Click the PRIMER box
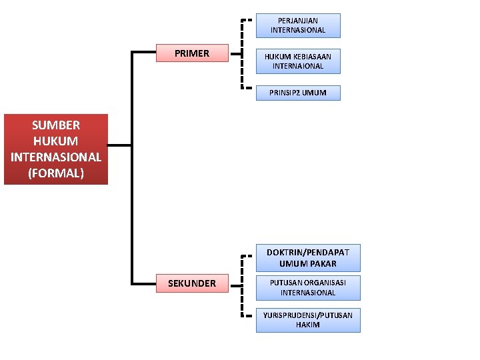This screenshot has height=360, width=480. (192, 53)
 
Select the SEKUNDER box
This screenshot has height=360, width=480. (192, 283)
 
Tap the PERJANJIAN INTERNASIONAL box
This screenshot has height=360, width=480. (298, 25)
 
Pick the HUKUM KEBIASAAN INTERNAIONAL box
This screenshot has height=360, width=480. (298, 61)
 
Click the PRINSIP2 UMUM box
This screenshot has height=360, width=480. (298, 93)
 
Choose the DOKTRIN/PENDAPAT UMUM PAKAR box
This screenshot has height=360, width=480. (308, 257)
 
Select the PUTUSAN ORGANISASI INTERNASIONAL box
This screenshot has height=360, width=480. (308, 287)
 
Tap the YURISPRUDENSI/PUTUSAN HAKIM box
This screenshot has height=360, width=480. (308, 319)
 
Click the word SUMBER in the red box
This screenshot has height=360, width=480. (56, 125)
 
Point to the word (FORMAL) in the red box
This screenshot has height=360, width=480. (56, 173)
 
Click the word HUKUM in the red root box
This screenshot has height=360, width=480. (56, 141)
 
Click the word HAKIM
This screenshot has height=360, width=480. (308, 325)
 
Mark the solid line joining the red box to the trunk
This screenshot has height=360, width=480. (120, 145)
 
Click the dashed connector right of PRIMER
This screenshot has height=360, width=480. (241, 53)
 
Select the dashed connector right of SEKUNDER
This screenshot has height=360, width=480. (241, 283)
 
